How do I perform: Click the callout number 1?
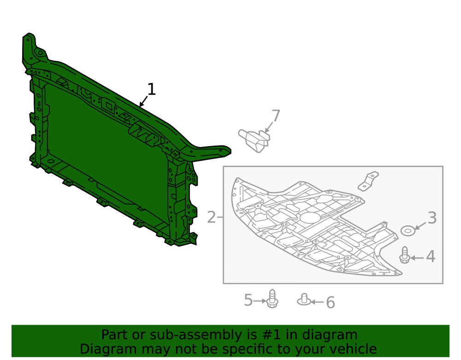151,89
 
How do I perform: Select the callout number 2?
212,218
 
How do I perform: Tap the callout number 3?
432,218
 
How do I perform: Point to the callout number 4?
431,257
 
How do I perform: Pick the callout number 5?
248,300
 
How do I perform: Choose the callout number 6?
331,302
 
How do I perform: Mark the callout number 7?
276,116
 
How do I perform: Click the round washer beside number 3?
408,230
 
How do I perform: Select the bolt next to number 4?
405,255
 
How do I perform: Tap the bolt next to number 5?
272,299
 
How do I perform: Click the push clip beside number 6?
304,300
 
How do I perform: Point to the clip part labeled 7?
254,141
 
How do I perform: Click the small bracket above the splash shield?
368,181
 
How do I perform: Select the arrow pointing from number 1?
144,101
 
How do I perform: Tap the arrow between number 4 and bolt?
417,258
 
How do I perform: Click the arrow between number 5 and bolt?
260,301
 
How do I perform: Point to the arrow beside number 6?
317,302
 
